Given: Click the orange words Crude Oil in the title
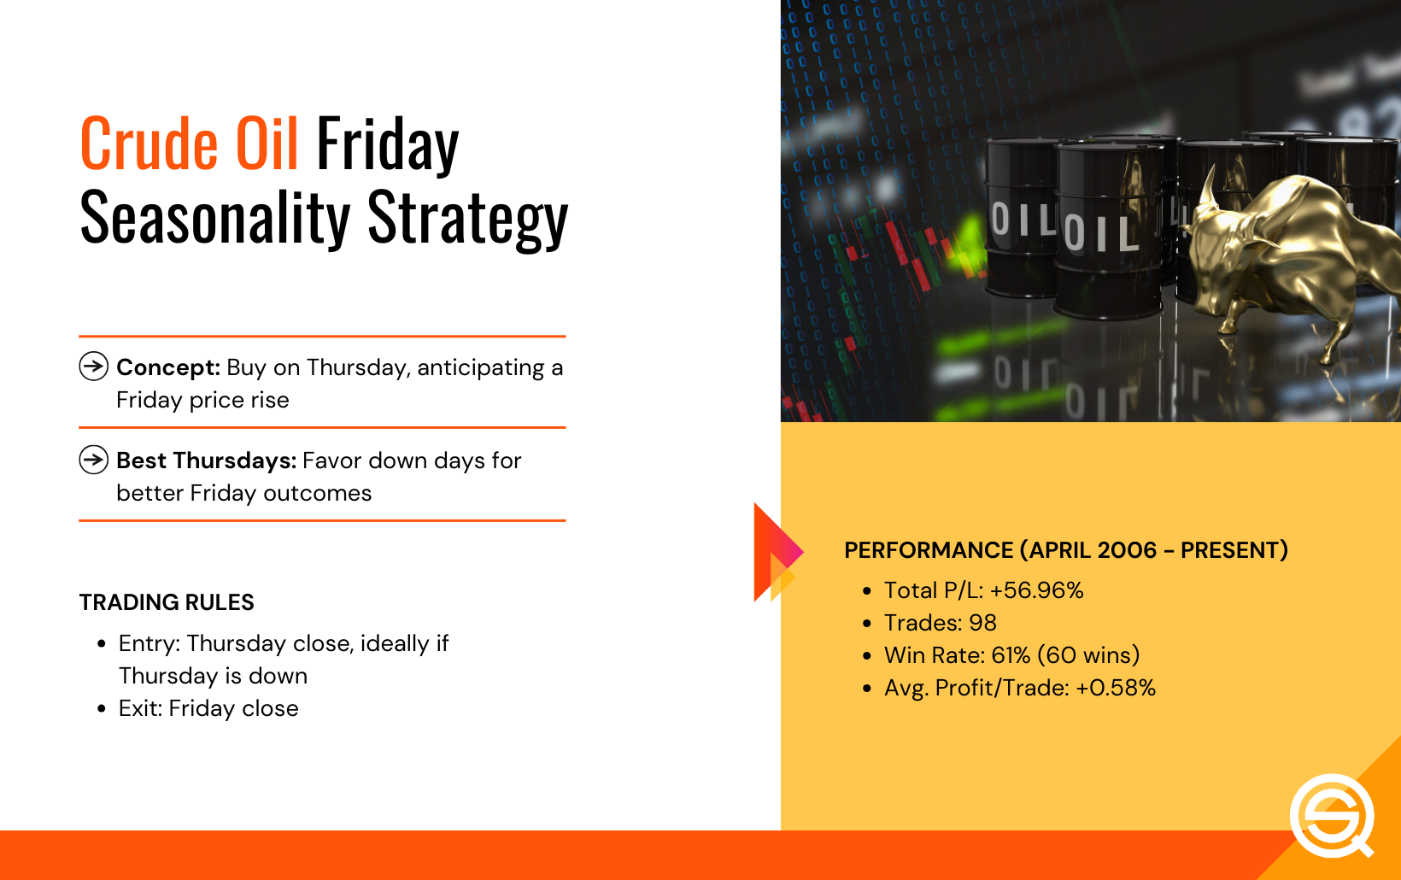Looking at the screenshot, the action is point(189,144).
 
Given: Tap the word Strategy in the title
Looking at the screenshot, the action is point(468,218).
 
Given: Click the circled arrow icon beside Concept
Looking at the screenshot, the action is point(94,366).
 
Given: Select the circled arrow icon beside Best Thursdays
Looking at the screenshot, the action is point(94,460).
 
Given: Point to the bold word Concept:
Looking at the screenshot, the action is point(168,367).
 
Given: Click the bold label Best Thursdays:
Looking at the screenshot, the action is point(207,461).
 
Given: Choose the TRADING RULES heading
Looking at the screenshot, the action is point(167,602).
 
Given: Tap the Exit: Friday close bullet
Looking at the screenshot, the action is point(208,708).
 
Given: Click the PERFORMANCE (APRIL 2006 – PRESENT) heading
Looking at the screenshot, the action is point(1066,550).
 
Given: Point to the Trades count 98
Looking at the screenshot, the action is point(982,623).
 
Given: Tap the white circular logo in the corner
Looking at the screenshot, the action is point(1332,816).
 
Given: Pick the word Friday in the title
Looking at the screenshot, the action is point(388,145).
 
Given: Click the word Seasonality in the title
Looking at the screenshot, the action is point(215,218).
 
